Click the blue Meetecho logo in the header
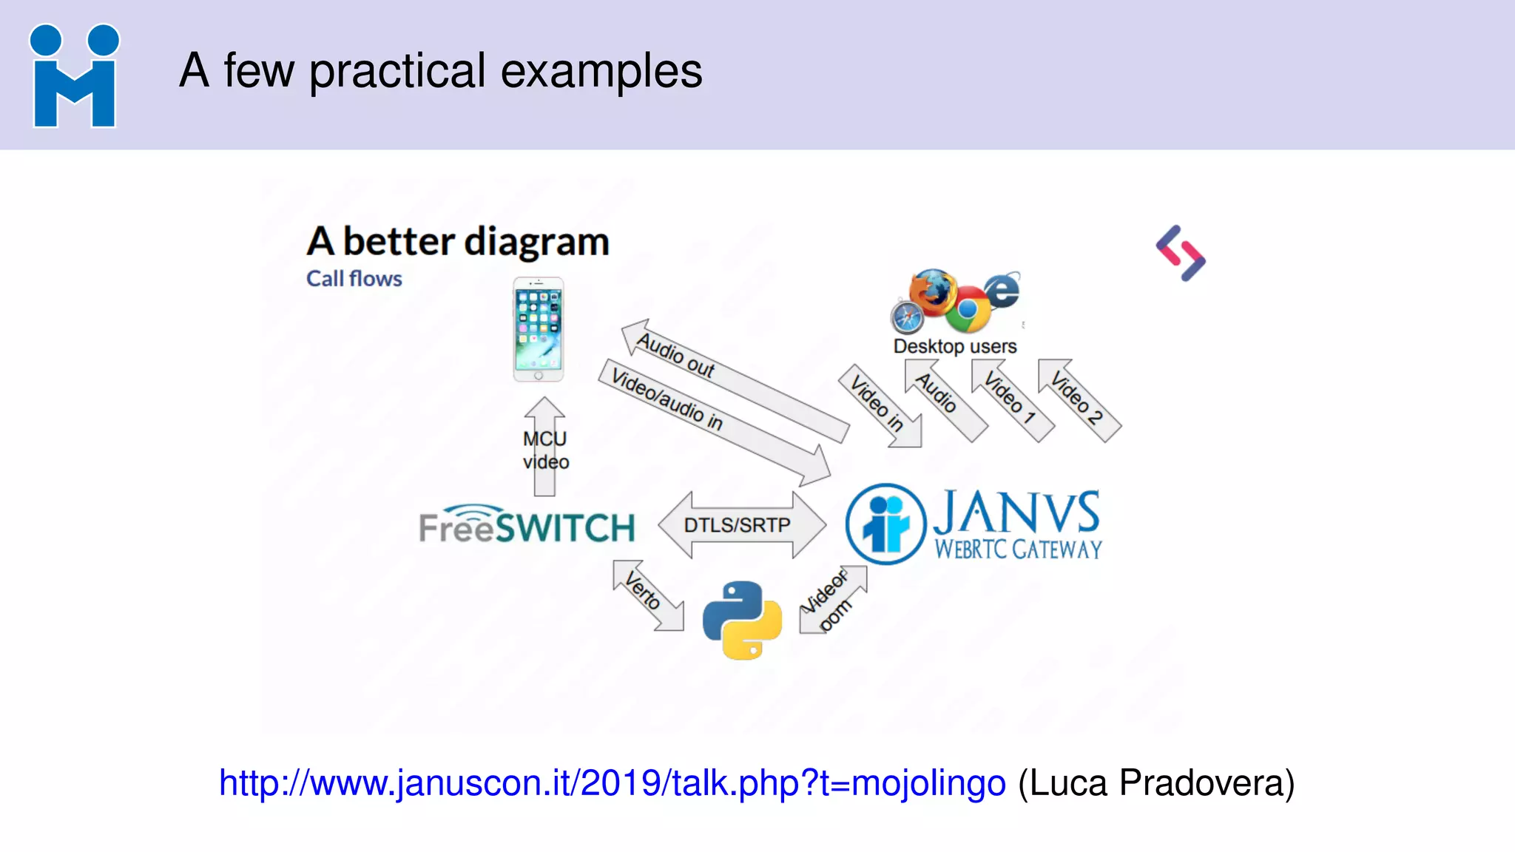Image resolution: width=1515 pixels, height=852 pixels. [x=74, y=76]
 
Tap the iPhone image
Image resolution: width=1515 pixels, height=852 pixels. [x=539, y=329]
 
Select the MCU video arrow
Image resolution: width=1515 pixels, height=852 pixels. [x=545, y=448]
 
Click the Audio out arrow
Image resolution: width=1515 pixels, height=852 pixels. [x=732, y=379]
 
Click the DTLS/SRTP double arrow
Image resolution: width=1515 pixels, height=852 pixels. [x=741, y=525]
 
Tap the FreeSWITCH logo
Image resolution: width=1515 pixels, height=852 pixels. [x=527, y=525]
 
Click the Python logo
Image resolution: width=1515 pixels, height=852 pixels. [x=742, y=620]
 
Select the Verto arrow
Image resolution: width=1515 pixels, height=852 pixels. [x=646, y=594]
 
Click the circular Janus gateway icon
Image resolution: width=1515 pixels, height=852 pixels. [x=885, y=524]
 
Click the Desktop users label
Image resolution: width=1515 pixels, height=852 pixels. [x=954, y=346]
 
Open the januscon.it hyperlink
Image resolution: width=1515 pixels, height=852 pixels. [x=612, y=783]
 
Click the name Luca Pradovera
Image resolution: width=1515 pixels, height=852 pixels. [x=1155, y=783]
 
